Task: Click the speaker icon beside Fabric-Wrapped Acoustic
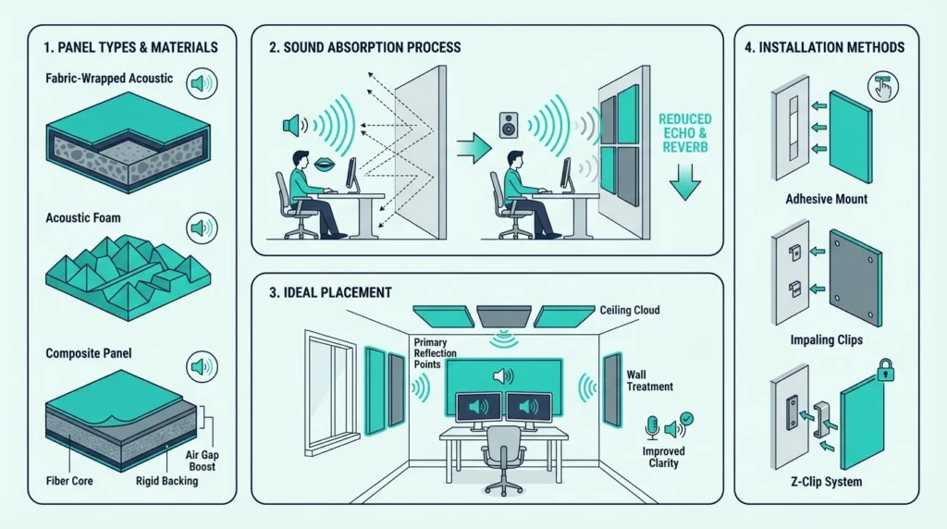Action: coord(202,83)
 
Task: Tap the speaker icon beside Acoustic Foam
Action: coord(202,228)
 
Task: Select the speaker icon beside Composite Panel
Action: coord(202,366)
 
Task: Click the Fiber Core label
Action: coord(69,481)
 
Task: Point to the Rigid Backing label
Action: coord(166,481)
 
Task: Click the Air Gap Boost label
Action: coord(202,461)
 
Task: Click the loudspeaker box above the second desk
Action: coord(509,125)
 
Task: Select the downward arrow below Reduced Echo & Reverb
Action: coord(685,182)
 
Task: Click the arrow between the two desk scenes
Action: coord(473,148)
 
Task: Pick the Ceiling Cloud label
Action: coord(629,311)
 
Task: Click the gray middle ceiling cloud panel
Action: coord(504,316)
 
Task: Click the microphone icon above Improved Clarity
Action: coord(652,427)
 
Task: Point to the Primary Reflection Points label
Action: coord(435,353)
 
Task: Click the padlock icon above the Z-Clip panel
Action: coord(885,370)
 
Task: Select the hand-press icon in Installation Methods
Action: coord(883,86)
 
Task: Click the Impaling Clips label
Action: coord(826,340)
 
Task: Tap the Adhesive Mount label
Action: coord(826,199)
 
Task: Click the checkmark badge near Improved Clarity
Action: coord(686,419)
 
